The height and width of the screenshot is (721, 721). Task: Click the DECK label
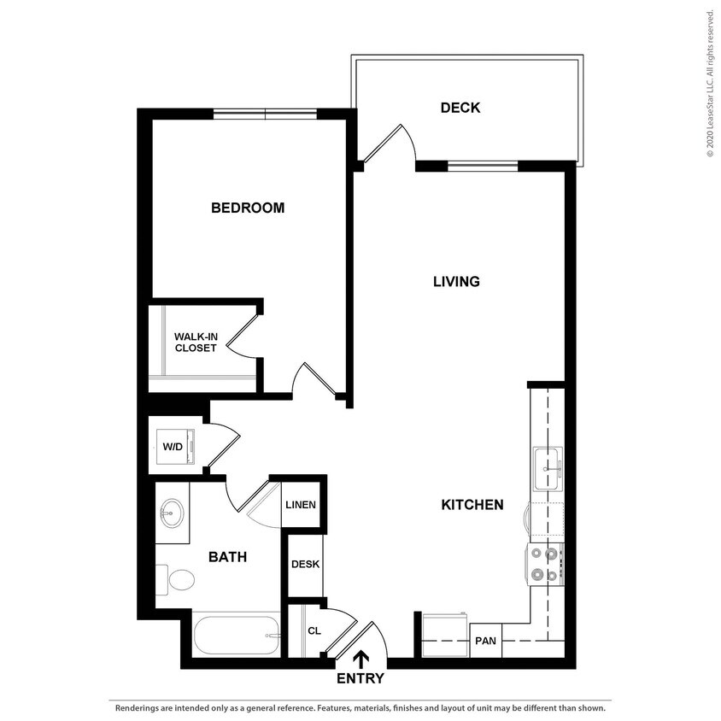[x=460, y=108]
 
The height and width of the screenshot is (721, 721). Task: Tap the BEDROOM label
[x=248, y=208]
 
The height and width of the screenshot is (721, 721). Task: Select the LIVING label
[x=456, y=281]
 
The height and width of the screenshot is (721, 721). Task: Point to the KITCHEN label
[x=472, y=505]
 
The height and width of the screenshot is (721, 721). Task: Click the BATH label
[x=228, y=557]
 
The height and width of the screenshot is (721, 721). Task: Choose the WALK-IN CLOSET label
[x=196, y=342]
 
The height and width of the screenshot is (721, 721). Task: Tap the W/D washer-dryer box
[x=173, y=446]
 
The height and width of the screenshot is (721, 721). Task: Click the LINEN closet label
[x=301, y=505]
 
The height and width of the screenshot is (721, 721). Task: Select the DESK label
[x=305, y=564]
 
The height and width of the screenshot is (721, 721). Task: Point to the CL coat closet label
[x=314, y=631]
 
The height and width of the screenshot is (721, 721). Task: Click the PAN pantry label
[x=485, y=641]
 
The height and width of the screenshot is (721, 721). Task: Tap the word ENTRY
[x=360, y=679]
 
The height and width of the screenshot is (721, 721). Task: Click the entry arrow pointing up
[x=360, y=659]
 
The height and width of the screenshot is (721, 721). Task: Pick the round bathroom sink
[x=171, y=514]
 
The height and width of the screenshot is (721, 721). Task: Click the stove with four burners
[x=546, y=564]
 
